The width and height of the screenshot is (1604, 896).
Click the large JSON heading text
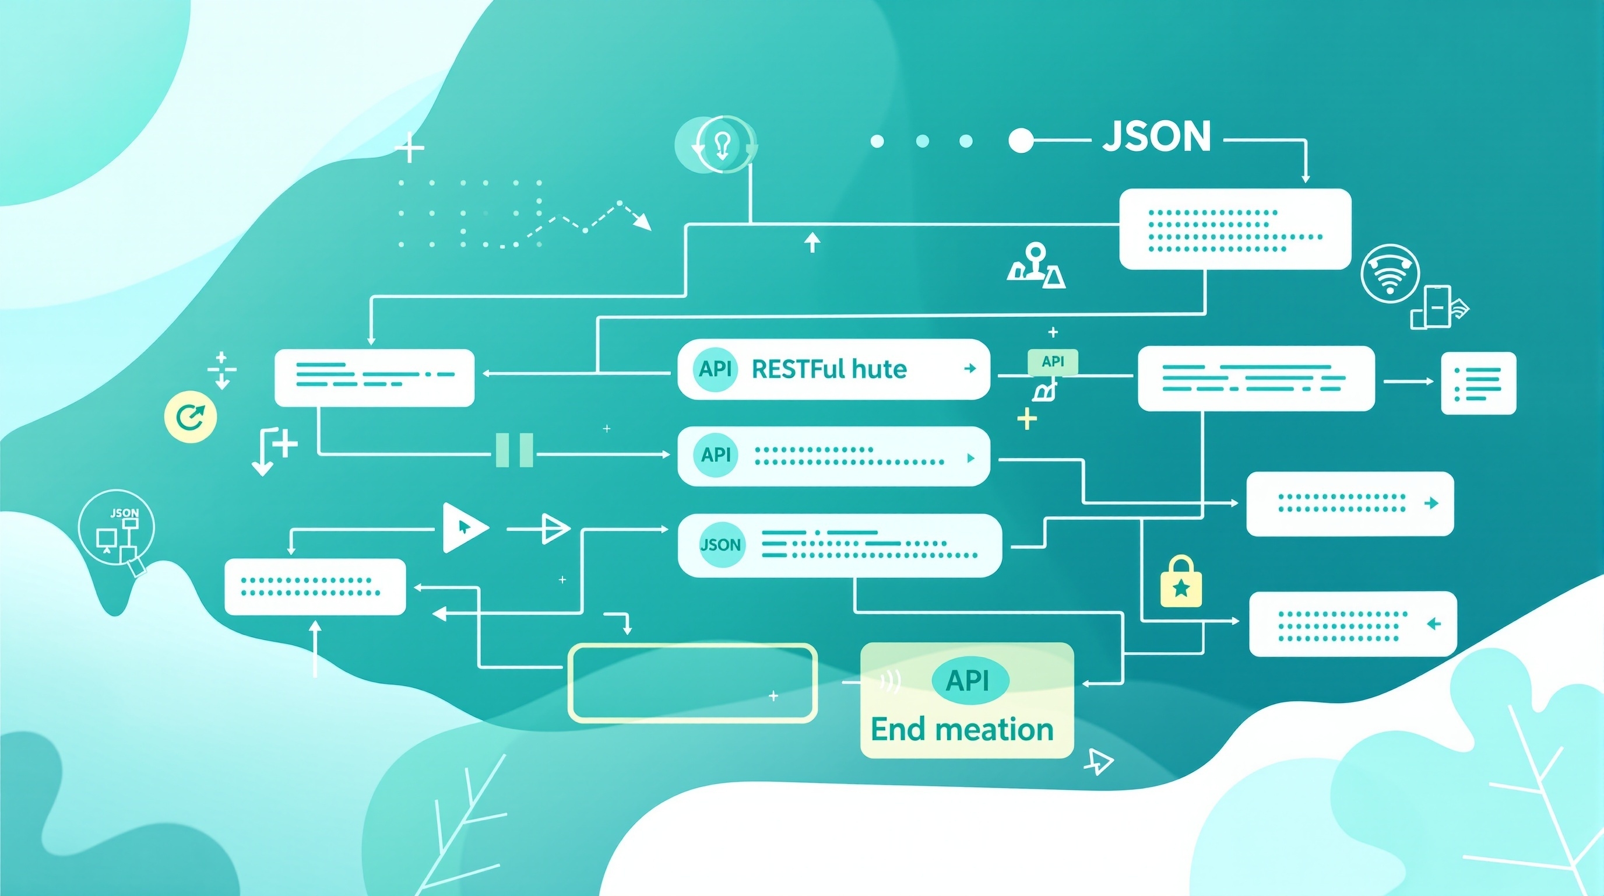click(x=1156, y=137)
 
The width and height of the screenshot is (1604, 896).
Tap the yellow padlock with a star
click(x=1181, y=582)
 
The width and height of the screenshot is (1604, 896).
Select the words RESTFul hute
click(x=829, y=369)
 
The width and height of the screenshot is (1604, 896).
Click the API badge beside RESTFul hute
click(x=715, y=369)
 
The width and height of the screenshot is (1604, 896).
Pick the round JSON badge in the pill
click(x=721, y=545)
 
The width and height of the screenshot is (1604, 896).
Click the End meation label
click(x=962, y=730)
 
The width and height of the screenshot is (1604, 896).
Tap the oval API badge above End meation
click(x=969, y=681)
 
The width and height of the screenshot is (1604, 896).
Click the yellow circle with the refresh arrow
click(x=191, y=417)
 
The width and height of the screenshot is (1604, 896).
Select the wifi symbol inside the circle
click(x=1390, y=274)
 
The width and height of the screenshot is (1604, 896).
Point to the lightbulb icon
click(x=722, y=145)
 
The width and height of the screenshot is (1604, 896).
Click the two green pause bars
click(x=513, y=450)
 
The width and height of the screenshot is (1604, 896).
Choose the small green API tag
click(x=1052, y=362)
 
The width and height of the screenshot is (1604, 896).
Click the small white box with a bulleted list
click(x=1478, y=383)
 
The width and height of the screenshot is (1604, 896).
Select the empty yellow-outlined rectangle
click(x=692, y=683)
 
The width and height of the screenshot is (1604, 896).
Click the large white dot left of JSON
click(x=1020, y=141)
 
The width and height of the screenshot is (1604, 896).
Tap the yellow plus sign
click(x=1027, y=419)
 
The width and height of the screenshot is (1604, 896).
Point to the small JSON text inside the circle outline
click(x=125, y=513)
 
